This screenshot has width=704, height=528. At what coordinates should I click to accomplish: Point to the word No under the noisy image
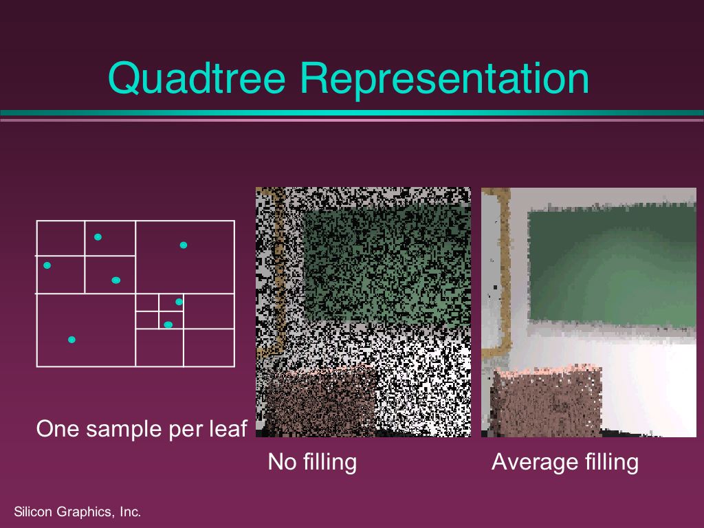tap(282, 462)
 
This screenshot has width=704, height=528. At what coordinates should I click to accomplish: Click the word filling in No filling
tap(330, 463)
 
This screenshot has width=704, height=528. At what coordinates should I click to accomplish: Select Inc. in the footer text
tap(130, 511)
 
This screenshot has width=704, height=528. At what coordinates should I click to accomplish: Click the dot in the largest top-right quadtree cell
tap(183, 245)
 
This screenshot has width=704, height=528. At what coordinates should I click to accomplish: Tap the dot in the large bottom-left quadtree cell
tap(71, 340)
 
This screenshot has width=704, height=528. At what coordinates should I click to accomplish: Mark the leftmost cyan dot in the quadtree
tap(47, 265)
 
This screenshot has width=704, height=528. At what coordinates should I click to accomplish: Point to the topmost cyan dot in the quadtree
tap(98, 237)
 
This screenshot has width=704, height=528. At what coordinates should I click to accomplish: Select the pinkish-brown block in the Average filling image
tap(547, 401)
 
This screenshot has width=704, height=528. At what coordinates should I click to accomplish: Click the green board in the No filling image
tap(386, 265)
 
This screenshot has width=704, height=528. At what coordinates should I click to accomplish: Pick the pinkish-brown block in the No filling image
tap(320, 401)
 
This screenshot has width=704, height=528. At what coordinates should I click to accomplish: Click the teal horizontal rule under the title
tap(352, 113)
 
